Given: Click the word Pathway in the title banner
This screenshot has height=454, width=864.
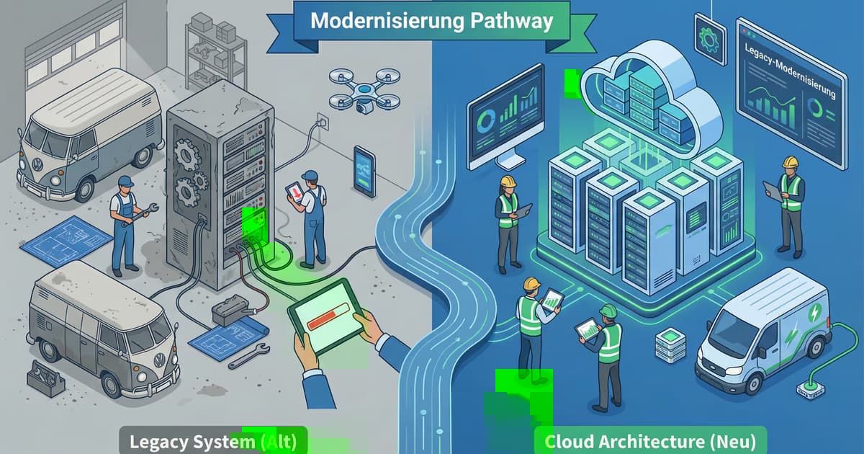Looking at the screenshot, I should pyautogui.click(x=513, y=20).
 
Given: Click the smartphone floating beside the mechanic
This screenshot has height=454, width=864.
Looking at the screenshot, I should pyautogui.click(x=364, y=171).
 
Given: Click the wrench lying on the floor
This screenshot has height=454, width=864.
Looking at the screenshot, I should pyautogui.click(x=248, y=356).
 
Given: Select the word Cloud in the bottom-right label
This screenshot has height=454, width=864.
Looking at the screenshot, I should pyautogui.click(x=566, y=440).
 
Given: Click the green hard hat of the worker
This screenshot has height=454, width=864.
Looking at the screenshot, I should pyautogui.click(x=608, y=311).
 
